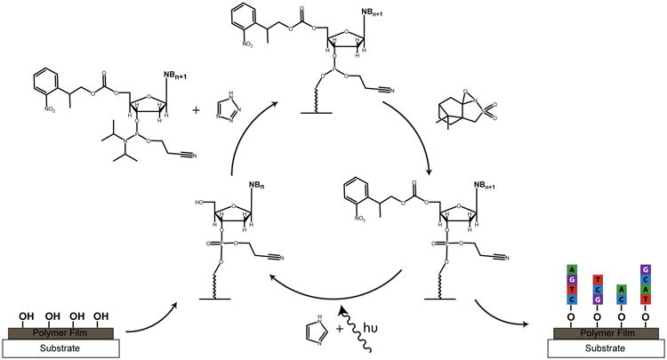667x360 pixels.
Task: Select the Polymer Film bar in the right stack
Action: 607,331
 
